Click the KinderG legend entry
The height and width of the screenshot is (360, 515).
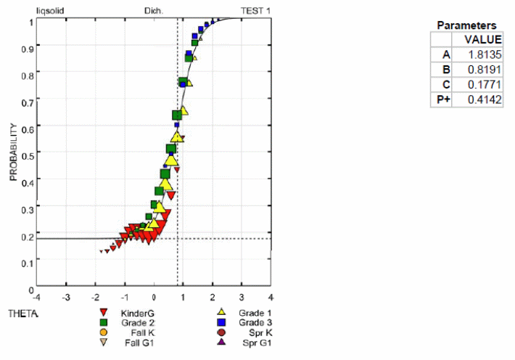pos(137,312)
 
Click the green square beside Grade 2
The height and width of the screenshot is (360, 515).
pos(104,322)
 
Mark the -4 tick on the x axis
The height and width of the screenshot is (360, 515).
pos(36,298)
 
